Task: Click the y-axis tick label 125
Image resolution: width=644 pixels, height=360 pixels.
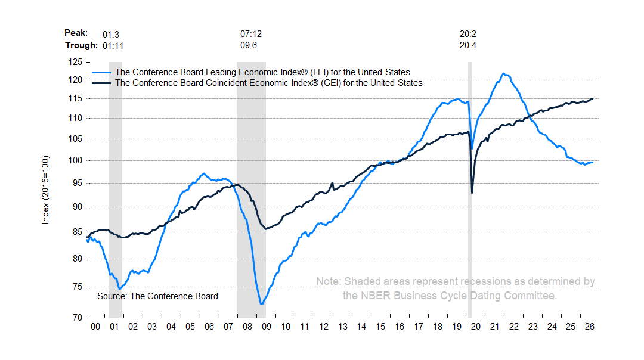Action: point(75,62)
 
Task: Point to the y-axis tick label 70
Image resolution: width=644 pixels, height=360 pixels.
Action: point(77,318)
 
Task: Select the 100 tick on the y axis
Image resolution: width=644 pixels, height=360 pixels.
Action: point(75,160)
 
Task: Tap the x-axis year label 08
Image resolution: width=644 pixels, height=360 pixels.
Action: point(247,327)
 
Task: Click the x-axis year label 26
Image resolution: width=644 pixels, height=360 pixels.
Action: point(589,327)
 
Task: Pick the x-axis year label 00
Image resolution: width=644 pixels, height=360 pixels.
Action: point(95,327)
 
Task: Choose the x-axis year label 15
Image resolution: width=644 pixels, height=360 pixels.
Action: point(380,327)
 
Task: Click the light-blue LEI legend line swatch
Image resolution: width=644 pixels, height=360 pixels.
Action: point(101,73)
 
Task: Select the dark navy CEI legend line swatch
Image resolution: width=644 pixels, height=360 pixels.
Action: point(101,83)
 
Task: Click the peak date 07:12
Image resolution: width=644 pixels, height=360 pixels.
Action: point(251,34)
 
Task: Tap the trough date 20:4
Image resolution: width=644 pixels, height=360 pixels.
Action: point(468,45)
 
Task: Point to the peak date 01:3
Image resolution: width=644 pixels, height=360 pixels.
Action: point(111,35)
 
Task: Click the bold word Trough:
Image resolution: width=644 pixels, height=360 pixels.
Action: point(81,45)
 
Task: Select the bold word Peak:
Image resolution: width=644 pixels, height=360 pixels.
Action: point(76,33)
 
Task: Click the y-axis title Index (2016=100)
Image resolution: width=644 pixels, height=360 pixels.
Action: point(45,190)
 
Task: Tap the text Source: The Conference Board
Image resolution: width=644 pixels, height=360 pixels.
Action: point(157,296)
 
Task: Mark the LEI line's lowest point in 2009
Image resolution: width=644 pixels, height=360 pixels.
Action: point(262,304)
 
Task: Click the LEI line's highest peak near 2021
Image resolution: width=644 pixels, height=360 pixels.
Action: point(504,74)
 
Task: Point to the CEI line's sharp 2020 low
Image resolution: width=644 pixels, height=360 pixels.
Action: point(472,193)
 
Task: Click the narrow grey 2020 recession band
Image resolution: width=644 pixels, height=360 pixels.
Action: point(470,190)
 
